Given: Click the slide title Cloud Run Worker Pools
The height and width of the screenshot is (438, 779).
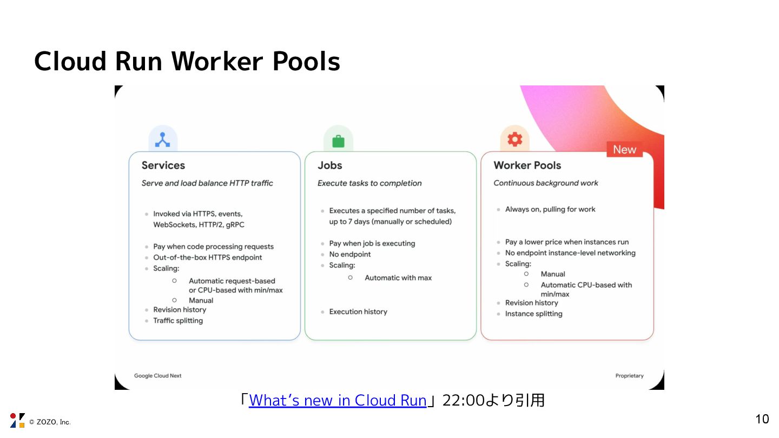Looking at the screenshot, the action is pyautogui.click(x=187, y=61).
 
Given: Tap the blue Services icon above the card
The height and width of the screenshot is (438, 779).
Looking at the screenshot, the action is pyautogui.click(x=163, y=140).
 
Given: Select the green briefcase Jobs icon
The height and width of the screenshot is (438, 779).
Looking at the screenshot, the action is pyautogui.click(x=338, y=141).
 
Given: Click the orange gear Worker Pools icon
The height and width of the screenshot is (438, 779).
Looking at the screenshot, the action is pyautogui.click(x=514, y=140).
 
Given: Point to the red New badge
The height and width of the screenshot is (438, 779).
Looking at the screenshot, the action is pyautogui.click(x=624, y=150).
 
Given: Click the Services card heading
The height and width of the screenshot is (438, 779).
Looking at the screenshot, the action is pyautogui.click(x=163, y=165).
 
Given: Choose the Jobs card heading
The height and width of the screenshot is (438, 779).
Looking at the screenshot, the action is pyautogui.click(x=330, y=165).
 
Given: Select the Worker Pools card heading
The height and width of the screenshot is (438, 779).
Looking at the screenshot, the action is pyautogui.click(x=527, y=165).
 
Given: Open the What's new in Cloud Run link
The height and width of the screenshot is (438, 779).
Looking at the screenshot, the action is pyautogui.click(x=338, y=401).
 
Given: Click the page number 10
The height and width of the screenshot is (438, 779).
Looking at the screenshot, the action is pyautogui.click(x=762, y=419).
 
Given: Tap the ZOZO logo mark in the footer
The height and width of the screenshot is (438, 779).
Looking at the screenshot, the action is pyautogui.click(x=17, y=420).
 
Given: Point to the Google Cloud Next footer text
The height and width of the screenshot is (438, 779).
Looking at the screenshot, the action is pyautogui.click(x=157, y=376).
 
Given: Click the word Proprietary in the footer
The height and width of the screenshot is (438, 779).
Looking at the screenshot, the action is pyautogui.click(x=629, y=376).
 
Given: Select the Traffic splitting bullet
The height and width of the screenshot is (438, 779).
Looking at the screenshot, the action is pyautogui.click(x=178, y=321).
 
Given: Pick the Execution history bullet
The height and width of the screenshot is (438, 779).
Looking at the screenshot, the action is pyautogui.click(x=358, y=312).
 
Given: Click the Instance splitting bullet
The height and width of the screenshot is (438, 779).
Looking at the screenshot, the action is pyautogui.click(x=533, y=314).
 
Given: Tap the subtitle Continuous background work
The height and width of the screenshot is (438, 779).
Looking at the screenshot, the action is pyautogui.click(x=546, y=183).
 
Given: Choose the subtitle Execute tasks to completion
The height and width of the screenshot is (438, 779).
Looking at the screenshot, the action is pyautogui.click(x=369, y=183).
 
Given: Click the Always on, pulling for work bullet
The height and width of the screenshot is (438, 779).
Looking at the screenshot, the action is pyautogui.click(x=550, y=209).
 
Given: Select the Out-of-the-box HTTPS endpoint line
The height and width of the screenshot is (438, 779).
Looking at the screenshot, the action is pyautogui.click(x=208, y=257).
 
